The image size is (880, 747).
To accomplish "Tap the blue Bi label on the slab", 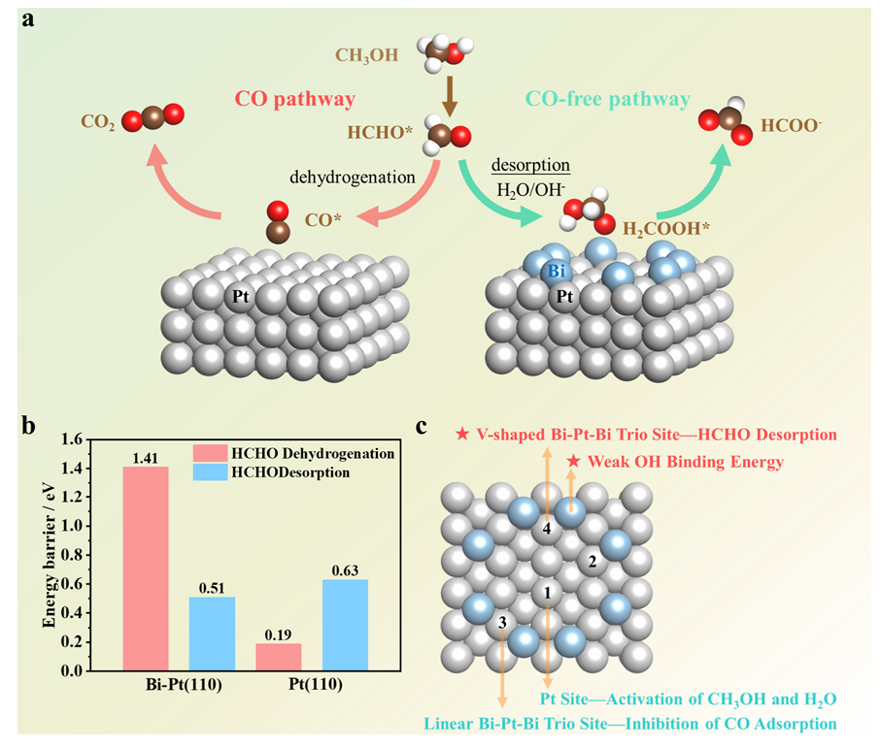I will pos(557,272).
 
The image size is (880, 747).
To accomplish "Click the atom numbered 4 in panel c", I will pos(546,529).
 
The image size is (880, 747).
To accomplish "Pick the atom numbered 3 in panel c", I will pos(502,623).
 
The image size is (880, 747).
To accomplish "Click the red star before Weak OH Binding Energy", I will pos(574,462).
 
